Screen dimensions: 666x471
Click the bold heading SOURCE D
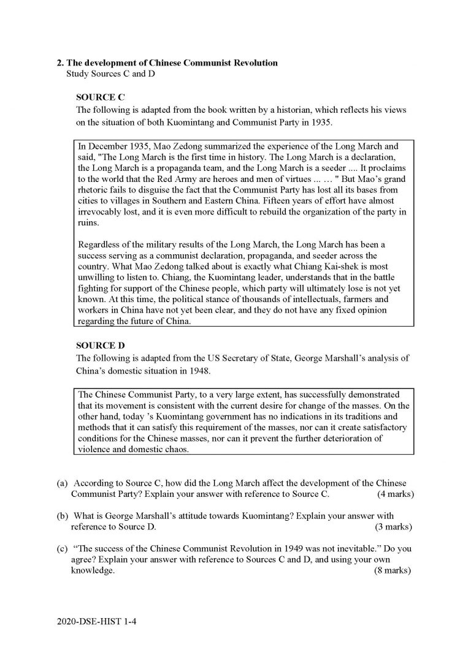96,345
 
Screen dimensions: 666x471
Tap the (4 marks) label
395,494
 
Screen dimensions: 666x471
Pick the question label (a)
62,483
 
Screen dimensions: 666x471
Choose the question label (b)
62,516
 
